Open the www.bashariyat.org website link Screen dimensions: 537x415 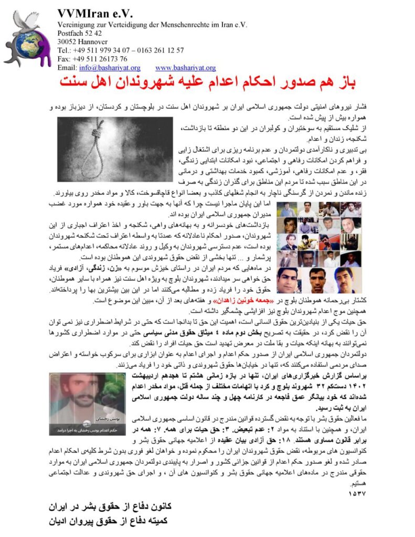(185, 68)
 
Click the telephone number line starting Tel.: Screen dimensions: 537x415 (121, 50)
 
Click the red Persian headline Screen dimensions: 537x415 (208, 83)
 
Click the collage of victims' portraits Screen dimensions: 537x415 (318, 248)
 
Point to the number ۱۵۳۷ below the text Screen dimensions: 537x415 (357, 493)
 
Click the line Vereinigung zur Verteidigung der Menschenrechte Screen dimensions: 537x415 (152, 24)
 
